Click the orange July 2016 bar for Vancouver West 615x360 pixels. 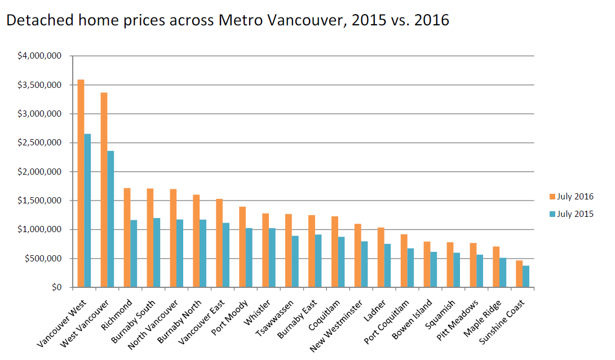tap(81, 184)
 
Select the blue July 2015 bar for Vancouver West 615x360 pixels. tap(87, 211)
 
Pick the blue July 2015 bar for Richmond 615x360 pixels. tap(134, 254)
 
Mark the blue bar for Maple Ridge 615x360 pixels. tap(503, 273)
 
